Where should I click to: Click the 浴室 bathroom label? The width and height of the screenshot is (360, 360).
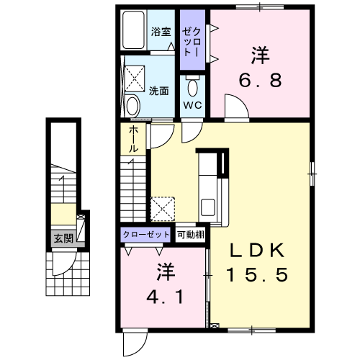pos(161,32)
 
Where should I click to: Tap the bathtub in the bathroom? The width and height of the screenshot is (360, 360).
pos(134,30)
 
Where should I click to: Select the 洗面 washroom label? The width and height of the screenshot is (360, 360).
pos(158,91)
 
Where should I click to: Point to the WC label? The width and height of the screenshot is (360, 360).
pos(193,105)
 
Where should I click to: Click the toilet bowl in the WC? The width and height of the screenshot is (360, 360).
pos(193,86)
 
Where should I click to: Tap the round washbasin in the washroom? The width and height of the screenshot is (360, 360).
pos(132,105)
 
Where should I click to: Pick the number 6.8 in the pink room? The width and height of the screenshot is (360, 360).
pos(261,80)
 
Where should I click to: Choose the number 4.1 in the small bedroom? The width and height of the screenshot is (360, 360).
pos(165,297)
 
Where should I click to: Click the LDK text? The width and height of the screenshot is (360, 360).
pos(258,251)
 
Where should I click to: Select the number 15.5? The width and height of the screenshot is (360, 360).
pos(257,274)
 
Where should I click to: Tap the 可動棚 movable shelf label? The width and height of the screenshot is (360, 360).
pos(191,235)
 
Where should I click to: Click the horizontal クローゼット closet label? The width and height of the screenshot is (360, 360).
pos(146,234)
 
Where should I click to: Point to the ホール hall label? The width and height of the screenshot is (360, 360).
pos(133,140)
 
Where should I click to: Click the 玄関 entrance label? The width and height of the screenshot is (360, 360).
pos(63,239)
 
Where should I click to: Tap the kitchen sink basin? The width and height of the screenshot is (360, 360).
pos(208,207)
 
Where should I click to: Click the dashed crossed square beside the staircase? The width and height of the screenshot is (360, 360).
pos(163,209)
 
